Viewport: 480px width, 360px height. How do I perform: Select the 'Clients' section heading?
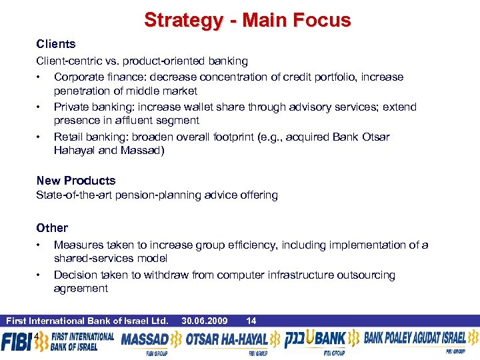pyautogui.click(x=56, y=44)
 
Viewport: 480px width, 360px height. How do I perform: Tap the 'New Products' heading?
pyautogui.click(x=76, y=181)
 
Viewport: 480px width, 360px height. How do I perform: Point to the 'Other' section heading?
pyautogui.click(x=52, y=228)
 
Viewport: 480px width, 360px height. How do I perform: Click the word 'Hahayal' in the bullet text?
pyautogui.click(x=73, y=150)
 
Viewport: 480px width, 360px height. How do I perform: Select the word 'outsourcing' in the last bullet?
pyautogui.click(x=366, y=275)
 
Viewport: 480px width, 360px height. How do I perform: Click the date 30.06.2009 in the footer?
pyautogui.click(x=204, y=321)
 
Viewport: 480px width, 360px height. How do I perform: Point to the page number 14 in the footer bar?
pyautogui.click(x=251, y=321)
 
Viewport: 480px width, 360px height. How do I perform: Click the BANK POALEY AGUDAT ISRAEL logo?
pyautogui.click(x=415, y=339)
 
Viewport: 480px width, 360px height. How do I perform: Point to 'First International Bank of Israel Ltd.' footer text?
pyautogui.click(x=87, y=321)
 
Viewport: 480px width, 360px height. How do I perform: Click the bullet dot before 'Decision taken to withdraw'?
pyautogui.click(x=40, y=275)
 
